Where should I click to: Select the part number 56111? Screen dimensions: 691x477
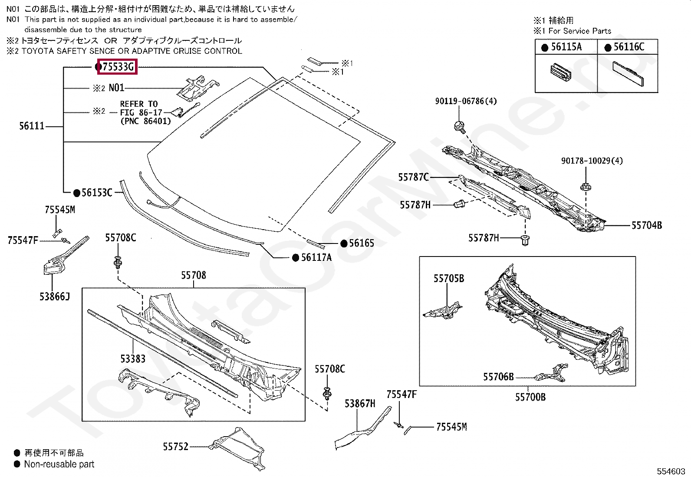tap(32, 126)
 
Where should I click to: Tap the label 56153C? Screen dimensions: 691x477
tap(97, 193)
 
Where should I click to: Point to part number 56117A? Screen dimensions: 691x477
tap(316, 257)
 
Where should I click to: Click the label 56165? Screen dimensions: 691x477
tap(362, 243)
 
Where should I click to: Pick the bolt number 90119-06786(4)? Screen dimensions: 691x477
tap(466, 101)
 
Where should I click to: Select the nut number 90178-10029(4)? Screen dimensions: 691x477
tap(592, 161)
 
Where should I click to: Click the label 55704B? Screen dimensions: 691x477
tap(647, 225)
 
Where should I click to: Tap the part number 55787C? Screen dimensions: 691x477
tap(413, 177)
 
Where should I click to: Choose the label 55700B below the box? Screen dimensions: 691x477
tap(530, 397)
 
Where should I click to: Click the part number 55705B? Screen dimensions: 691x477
tap(449, 278)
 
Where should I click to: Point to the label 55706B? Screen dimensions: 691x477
tap(498, 377)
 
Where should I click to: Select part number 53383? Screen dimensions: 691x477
tap(133, 359)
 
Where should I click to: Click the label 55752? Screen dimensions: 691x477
tap(175, 447)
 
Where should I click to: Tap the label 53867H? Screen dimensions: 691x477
tap(360, 403)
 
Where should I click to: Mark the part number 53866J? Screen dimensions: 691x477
tap(55, 296)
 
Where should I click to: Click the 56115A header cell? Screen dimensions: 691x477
tap(566, 47)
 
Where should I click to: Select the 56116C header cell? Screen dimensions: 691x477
tap(628, 47)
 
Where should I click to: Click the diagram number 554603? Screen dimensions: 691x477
tap(671, 471)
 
